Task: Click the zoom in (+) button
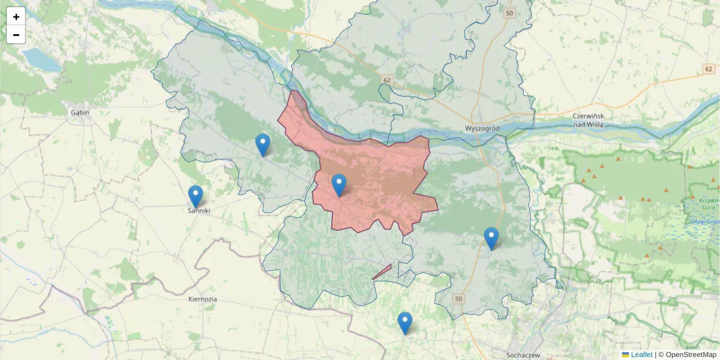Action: point(16,17)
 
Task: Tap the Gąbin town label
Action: point(80,112)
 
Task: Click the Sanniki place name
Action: point(199,211)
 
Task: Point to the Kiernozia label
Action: point(202,299)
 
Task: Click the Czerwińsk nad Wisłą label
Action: point(587,120)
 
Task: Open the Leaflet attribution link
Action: point(641,355)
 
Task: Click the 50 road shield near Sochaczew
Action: point(459,299)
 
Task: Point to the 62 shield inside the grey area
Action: point(386,79)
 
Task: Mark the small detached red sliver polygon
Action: point(382,272)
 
